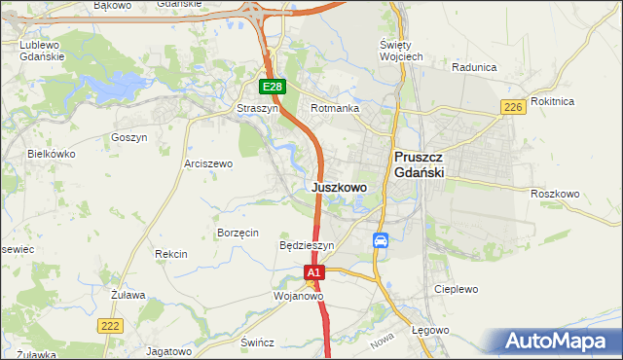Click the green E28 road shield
click(x=273, y=88)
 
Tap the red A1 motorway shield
click(x=313, y=274)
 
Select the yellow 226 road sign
click(x=513, y=107)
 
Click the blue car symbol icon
click(x=382, y=240)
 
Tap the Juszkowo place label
click(x=340, y=187)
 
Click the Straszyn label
click(x=258, y=109)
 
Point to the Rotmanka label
click(x=335, y=109)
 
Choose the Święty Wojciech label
click(x=400, y=52)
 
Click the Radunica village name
click(x=475, y=68)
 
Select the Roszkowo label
click(x=555, y=194)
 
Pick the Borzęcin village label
click(x=238, y=233)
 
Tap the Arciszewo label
click(x=208, y=164)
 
